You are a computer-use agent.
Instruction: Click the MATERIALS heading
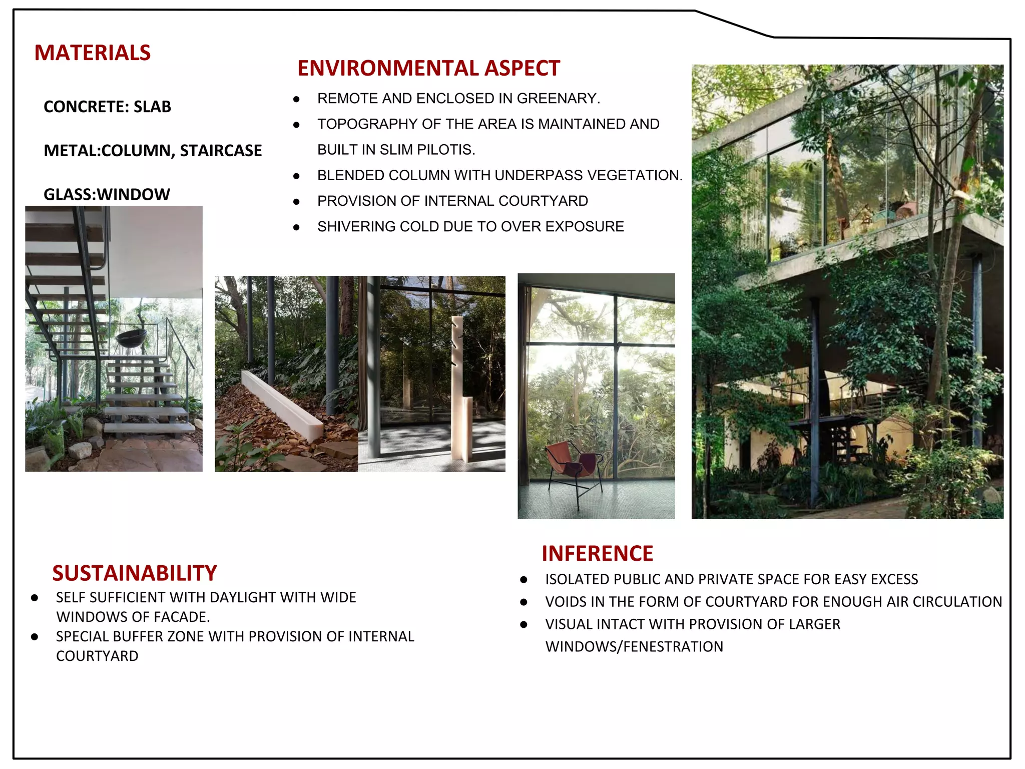click(92, 53)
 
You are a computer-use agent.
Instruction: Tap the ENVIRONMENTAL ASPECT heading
click(428, 68)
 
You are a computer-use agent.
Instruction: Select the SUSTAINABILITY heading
click(135, 573)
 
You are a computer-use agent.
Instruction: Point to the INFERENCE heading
click(597, 554)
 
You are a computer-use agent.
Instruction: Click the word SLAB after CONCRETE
click(152, 107)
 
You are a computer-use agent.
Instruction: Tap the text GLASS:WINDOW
click(107, 194)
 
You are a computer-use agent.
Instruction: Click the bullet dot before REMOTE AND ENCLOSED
click(296, 99)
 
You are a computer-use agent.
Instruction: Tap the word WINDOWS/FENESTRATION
click(634, 647)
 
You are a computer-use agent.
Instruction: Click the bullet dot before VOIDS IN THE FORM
click(524, 602)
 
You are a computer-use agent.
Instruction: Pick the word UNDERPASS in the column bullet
click(539, 175)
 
